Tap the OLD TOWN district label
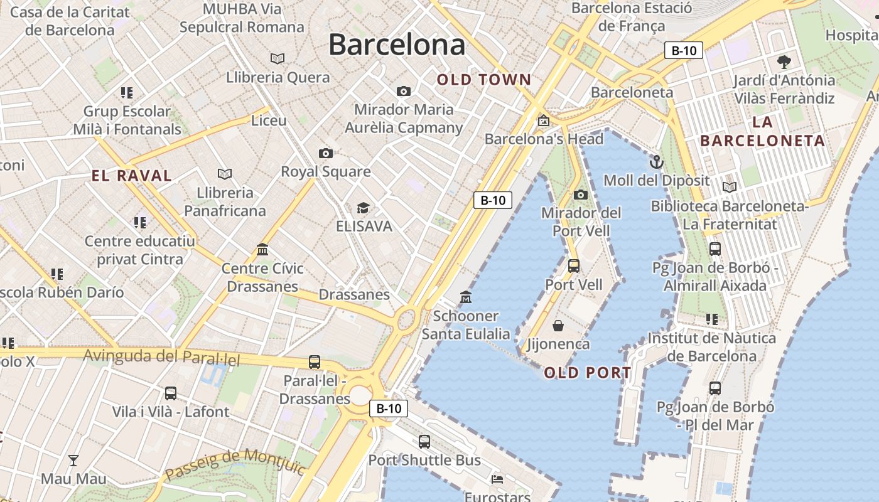[484, 80]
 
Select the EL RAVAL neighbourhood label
[132, 176]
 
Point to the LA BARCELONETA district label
[762, 131]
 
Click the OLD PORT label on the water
[588, 373]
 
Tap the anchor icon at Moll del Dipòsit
[656, 162]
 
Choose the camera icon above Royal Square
[325, 153]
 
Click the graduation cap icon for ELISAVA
[363, 208]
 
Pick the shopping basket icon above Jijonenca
[558, 326]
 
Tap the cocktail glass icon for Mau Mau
[73, 461]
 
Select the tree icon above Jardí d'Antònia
[784, 61]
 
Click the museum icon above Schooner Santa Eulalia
[465, 297]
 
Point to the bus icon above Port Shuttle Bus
[424, 441]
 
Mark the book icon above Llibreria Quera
[278, 59]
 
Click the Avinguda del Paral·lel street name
[162, 357]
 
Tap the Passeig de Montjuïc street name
[235, 463]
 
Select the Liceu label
[269, 120]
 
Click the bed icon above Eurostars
[497, 479]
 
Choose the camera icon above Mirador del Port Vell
[581, 195]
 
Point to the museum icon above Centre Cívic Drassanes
[262, 250]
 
